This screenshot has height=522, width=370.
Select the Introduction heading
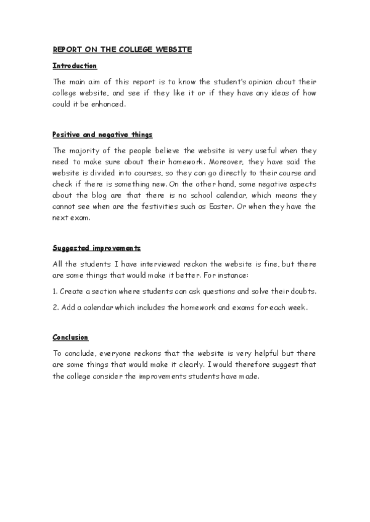[x=75, y=66]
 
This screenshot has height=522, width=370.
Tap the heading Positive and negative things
[x=102, y=134]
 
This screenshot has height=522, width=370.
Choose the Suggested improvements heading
[x=96, y=248]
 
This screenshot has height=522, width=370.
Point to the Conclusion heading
[x=70, y=337]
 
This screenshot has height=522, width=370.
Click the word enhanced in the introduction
[x=107, y=105]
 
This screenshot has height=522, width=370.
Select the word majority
[x=104, y=150]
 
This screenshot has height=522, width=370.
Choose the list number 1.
[x=55, y=291]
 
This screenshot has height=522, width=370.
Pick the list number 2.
[x=55, y=307]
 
